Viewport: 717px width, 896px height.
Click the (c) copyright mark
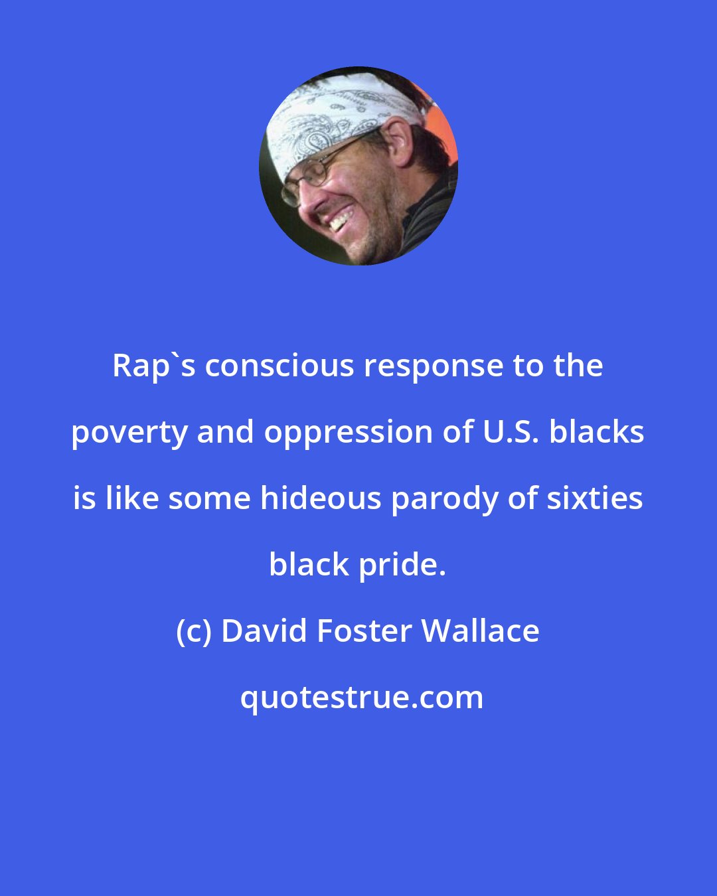pyautogui.click(x=195, y=631)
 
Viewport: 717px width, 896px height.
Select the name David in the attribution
pyautogui.click(x=264, y=631)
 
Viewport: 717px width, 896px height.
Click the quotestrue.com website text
pyautogui.click(x=362, y=698)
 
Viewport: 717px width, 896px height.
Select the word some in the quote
pyautogui.click(x=210, y=498)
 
